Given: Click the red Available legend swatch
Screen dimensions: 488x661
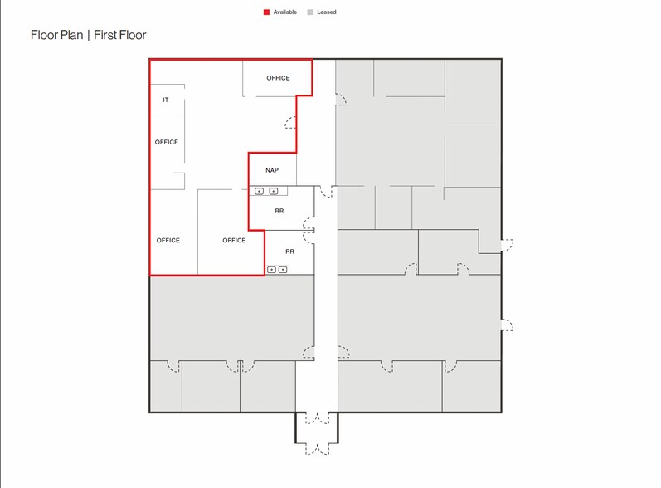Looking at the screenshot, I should click(x=266, y=12).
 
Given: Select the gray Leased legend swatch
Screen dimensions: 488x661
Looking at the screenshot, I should click(x=311, y=12).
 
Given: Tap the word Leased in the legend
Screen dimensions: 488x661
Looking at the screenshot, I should click(x=327, y=12).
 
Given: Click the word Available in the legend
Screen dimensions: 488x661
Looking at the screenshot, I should click(x=284, y=12).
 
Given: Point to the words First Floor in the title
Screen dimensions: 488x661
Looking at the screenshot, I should click(x=120, y=35).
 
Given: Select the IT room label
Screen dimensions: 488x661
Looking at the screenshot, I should click(x=166, y=100).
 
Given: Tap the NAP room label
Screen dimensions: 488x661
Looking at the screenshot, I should click(x=272, y=170).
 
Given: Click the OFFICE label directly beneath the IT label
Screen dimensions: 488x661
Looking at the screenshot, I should click(x=167, y=142).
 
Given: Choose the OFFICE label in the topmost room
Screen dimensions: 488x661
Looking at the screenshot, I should click(x=278, y=78).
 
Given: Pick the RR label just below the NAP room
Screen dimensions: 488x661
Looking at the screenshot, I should click(x=279, y=211).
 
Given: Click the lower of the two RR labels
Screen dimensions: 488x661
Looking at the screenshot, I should click(x=289, y=251).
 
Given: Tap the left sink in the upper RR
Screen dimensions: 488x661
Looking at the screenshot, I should click(x=260, y=192).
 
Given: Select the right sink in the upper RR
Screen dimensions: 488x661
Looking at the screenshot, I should click(x=274, y=192).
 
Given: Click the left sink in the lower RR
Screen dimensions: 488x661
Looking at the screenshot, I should click(x=271, y=270).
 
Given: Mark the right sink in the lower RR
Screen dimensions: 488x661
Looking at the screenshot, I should click(x=283, y=270).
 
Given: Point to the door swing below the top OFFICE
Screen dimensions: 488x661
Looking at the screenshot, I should click(x=291, y=123).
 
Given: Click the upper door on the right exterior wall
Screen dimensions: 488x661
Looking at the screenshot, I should click(x=507, y=244).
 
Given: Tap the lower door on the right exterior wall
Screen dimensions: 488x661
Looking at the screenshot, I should click(x=507, y=325).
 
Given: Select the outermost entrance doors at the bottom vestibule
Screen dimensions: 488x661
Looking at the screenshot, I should click(x=317, y=449).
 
